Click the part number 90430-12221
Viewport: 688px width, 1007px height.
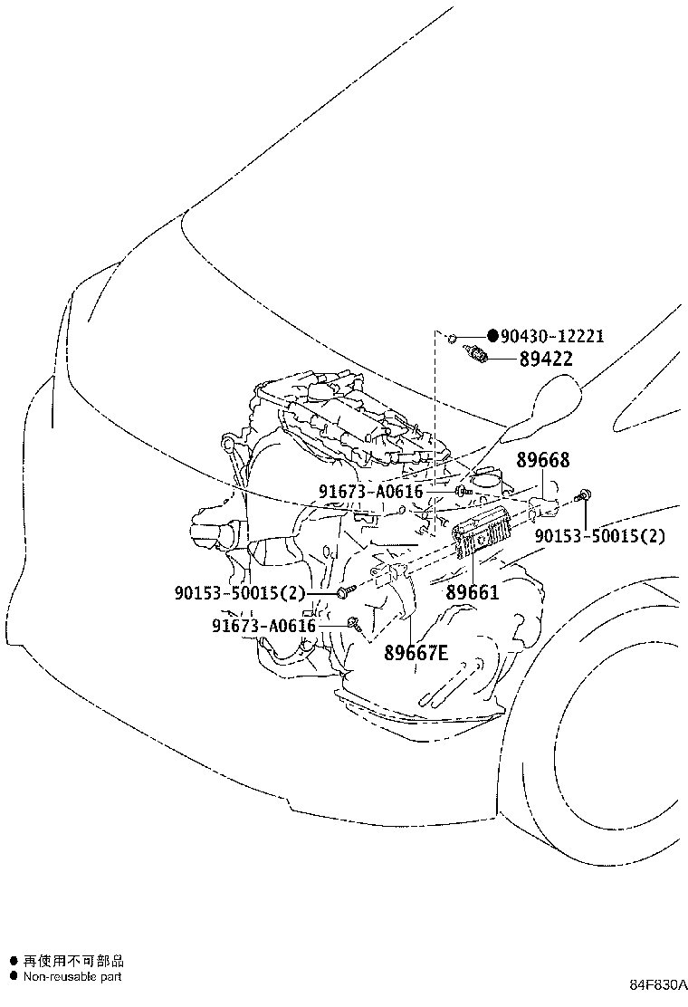coord(552,336)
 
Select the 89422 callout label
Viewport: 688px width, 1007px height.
coord(546,359)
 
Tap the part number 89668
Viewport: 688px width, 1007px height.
coord(543,460)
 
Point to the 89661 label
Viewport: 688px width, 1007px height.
coord(473,591)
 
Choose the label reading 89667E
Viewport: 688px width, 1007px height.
coord(416,653)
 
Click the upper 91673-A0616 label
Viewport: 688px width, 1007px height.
coord(371,492)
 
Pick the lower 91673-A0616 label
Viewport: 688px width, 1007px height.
coord(263,626)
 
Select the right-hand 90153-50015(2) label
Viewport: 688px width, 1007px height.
coord(600,535)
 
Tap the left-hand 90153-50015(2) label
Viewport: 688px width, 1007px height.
coord(240,592)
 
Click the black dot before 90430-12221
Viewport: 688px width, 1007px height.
coord(492,335)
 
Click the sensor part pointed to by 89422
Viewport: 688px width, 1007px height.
coord(475,353)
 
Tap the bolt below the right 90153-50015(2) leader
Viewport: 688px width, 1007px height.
coord(584,494)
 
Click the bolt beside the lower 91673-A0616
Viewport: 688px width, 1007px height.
coord(354,621)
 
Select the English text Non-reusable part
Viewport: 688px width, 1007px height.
coord(72,977)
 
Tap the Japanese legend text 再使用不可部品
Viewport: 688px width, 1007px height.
coord(73,961)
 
